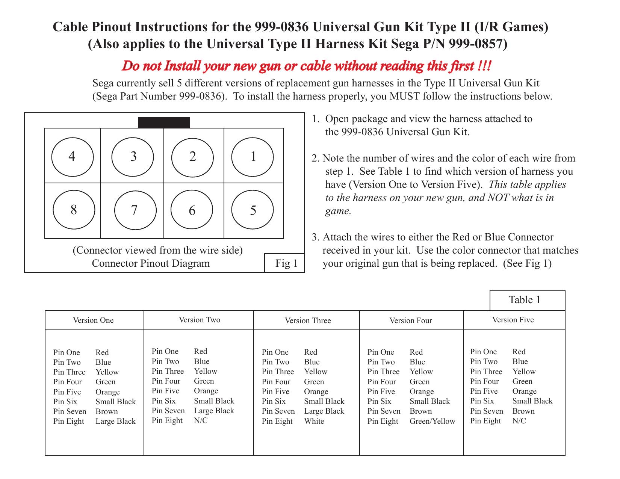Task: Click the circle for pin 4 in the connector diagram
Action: point(72,156)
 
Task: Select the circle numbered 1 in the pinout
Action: point(253,156)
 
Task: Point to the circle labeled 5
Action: point(253,210)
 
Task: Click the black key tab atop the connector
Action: point(164,123)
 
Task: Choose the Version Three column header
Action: point(307,320)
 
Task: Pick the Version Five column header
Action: point(513,320)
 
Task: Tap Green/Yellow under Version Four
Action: point(432,421)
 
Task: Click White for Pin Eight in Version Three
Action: point(314,421)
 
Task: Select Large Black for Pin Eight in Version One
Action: point(115,421)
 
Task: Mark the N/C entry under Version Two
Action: point(201,420)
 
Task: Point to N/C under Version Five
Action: point(519,421)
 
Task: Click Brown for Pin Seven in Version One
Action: point(107,411)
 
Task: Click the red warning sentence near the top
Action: point(306,66)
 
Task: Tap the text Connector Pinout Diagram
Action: point(151,263)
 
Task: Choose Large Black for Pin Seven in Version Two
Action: point(214,411)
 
